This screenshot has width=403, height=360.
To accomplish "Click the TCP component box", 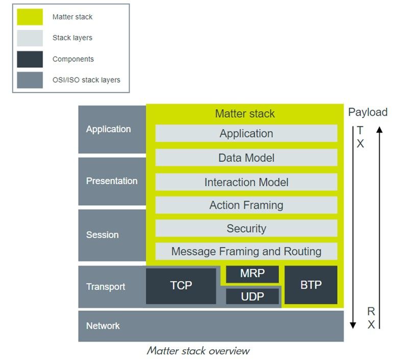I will (181, 286).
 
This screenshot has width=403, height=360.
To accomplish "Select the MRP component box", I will (252, 274).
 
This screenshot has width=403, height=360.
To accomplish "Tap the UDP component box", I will (252, 296).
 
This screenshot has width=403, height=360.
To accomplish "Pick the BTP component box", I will (311, 285).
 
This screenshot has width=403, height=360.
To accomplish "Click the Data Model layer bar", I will (246, 158).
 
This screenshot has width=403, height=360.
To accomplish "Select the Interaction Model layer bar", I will (246, 182).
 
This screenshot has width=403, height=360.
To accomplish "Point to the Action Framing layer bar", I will (246, 205).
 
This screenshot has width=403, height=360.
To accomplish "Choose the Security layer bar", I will (246, 228).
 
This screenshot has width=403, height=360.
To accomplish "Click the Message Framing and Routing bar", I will (246, 251).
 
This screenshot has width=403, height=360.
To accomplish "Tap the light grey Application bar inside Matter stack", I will (246, 134).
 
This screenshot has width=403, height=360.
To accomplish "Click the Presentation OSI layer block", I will (112, 181).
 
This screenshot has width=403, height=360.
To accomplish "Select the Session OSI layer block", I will (112, 235).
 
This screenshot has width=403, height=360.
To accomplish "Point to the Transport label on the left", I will (106, 287).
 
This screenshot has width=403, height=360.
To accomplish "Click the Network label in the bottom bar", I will (103, 326).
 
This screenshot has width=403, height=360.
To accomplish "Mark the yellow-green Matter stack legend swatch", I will (30, 17).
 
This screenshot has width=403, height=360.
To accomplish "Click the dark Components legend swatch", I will (30, 59).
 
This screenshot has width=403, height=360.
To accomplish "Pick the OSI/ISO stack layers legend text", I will (86, 80).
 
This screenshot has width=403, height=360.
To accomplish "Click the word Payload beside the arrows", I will (367, 112).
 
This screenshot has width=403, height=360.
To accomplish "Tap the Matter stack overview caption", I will (198, 351).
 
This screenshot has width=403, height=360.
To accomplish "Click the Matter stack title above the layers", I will (245, 114).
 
